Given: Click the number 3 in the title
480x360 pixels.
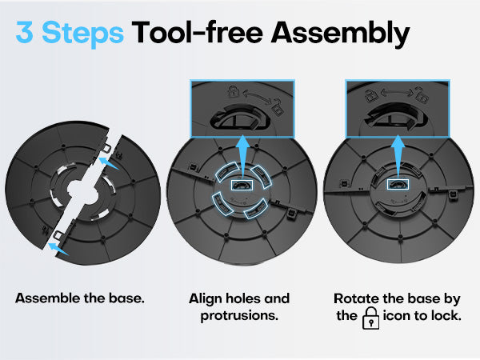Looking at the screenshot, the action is pos(25,32).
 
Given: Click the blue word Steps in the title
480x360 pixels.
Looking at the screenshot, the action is pos(82,34).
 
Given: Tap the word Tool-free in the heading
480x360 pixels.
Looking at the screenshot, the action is pos(197,32).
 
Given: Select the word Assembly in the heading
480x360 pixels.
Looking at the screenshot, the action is pos(341,34).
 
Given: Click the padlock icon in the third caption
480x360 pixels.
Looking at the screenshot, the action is pos(370,318).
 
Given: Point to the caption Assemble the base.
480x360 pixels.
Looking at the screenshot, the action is pos(79,298).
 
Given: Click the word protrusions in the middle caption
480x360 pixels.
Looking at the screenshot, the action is pos(239,316).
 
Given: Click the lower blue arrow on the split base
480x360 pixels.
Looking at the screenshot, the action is pos(58,249).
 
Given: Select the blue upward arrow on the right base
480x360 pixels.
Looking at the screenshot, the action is pos(398,158).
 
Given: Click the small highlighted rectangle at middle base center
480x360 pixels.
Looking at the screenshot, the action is pos(242,185).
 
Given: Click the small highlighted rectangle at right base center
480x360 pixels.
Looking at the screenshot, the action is pos(398,185).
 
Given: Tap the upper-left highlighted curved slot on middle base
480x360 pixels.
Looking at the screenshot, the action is pos(225,171).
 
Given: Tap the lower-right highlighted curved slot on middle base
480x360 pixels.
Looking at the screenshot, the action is pos(257,209).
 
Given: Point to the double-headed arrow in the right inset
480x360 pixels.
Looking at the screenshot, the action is pos(397,92).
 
